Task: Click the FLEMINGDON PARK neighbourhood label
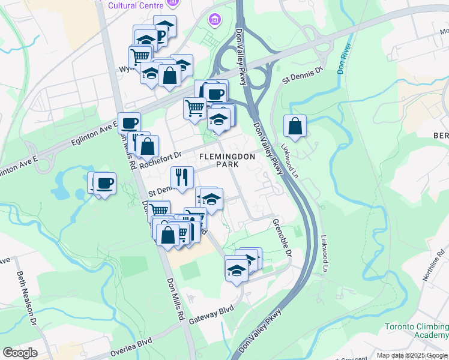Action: pos(228,160)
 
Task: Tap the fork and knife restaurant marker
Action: pos(181,177)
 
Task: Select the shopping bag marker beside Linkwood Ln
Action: pos(295,126)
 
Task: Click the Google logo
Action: pos(19,353)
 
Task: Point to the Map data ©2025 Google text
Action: pos(411,355)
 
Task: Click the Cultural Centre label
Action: pos(136,5)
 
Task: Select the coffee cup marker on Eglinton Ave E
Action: pos(129,124)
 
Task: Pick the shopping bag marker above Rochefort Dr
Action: pos(147,146)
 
